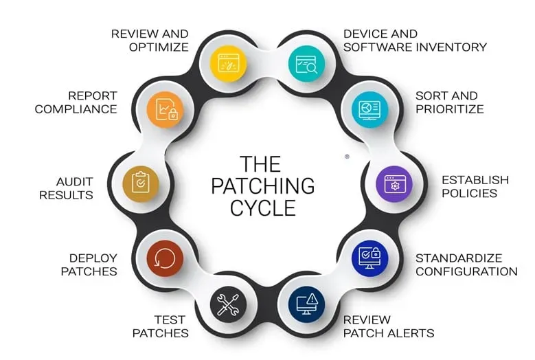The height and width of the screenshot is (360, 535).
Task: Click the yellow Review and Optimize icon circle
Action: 228,63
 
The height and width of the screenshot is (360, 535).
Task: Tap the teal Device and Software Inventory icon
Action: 306,63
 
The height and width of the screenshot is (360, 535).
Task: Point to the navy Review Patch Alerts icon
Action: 306,302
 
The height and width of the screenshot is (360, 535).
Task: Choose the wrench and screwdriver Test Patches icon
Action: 228,302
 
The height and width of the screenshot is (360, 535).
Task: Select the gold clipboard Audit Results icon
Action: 140,183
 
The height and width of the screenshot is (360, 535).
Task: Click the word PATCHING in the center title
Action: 262,186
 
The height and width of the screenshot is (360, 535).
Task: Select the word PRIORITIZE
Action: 449,109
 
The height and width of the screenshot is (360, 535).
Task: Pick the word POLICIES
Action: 469,193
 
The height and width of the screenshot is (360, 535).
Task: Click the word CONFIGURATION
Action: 466,271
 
